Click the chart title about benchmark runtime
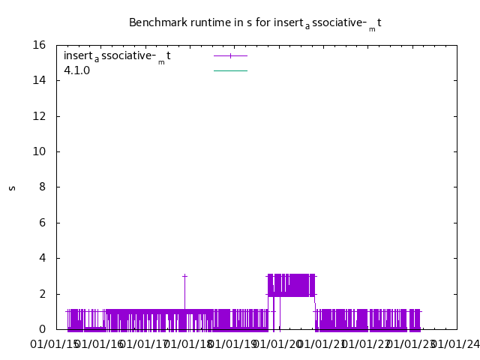coord(255,23)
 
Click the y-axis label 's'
coord(12,187)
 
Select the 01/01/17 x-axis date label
coord(144,344)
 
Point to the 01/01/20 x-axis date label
coord(278,344)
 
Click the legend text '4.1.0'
coord(76,71)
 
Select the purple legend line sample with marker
coord(230,55)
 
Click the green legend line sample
coord(230,70)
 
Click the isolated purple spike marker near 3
coord(184,276)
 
